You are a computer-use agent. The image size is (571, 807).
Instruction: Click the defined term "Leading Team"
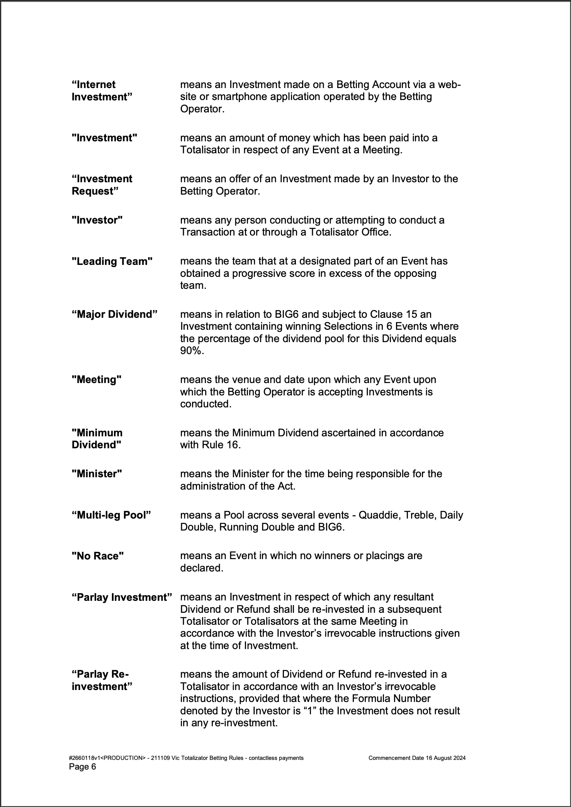[112, 261]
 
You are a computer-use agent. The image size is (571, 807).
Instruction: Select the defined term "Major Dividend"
[114, 314]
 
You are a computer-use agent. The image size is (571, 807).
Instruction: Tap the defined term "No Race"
[98, 556]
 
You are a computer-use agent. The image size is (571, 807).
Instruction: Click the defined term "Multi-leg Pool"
[111, 515]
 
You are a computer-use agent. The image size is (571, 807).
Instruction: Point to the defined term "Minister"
[97, 474]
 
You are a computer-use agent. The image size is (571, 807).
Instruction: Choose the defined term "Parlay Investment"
[122, 597]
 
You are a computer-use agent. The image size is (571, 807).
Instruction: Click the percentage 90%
[191, 351]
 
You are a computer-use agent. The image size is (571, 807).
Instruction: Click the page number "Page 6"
[82, 766]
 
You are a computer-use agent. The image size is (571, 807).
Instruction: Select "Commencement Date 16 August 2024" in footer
[417, 758]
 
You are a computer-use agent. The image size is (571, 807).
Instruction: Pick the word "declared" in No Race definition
[201, 568]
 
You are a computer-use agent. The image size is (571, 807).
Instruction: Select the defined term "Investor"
[97, 220]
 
